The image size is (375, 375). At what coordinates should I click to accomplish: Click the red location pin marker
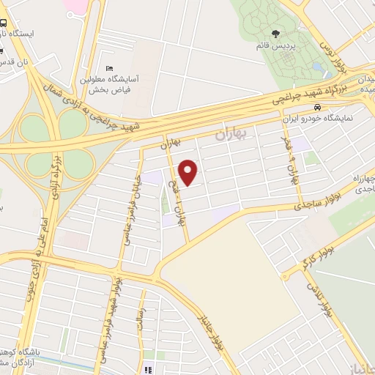coord(189,172)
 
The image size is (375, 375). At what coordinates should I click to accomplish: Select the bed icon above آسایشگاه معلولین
coord(109,70)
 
